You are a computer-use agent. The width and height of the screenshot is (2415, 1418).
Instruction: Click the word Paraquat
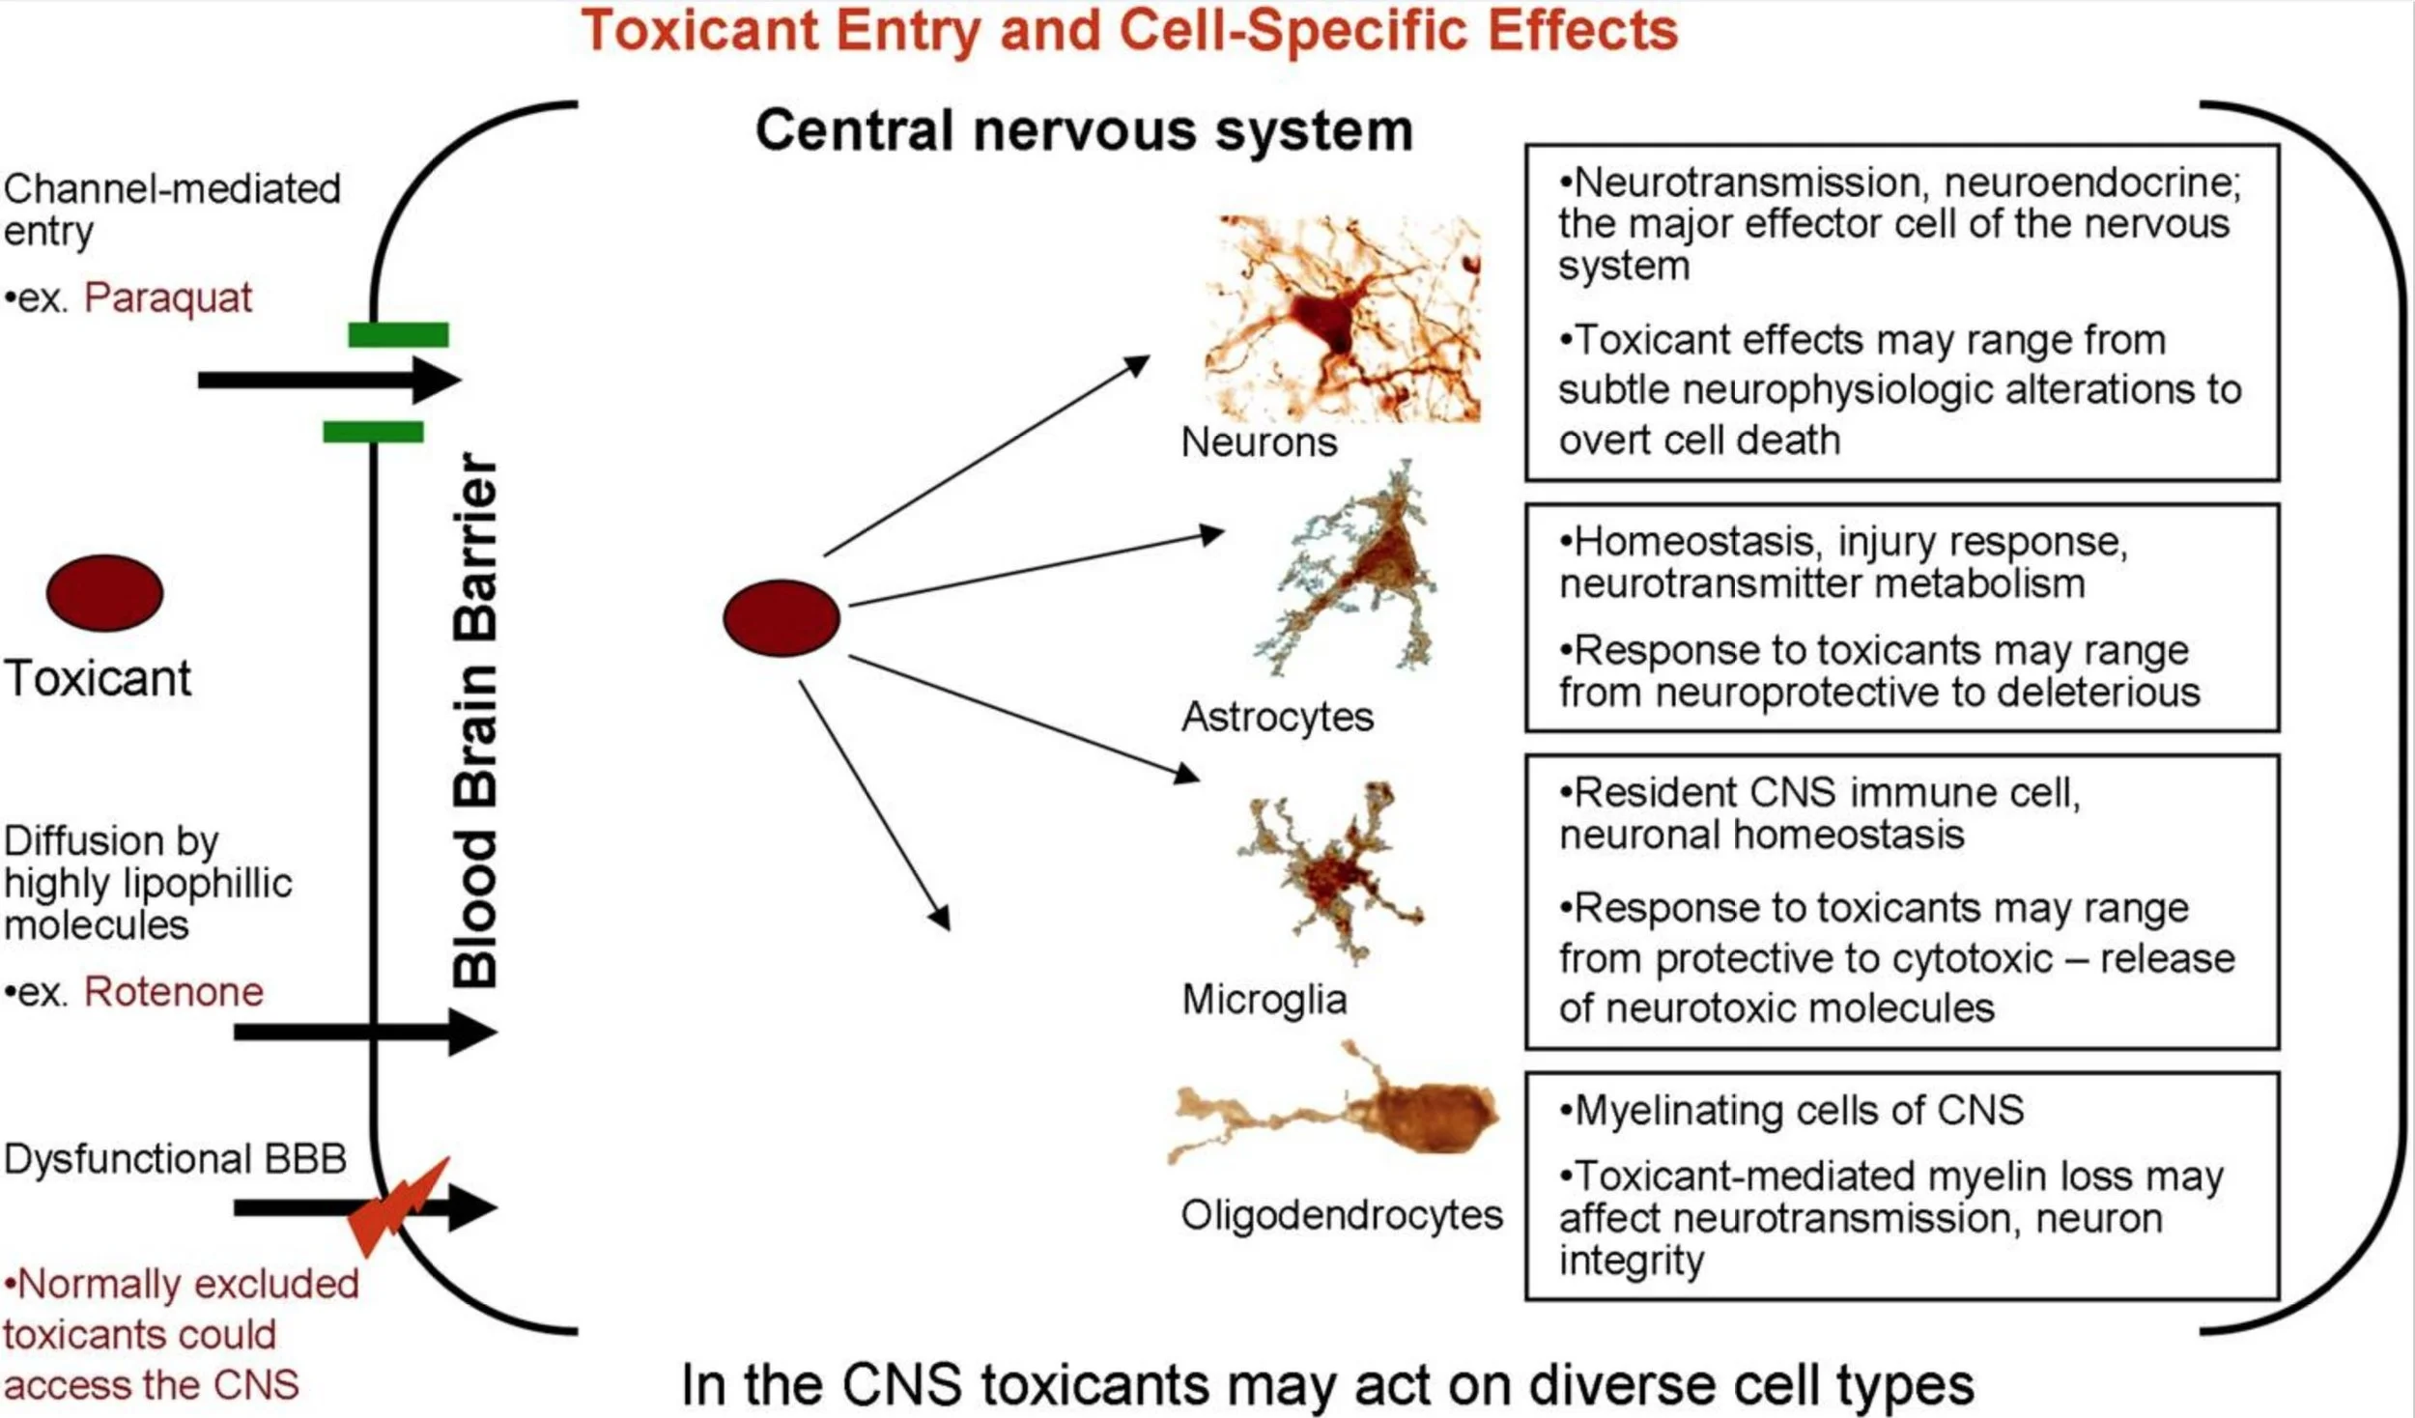coord(167,298)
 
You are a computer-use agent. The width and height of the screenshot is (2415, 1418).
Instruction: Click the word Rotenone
coord(174,992)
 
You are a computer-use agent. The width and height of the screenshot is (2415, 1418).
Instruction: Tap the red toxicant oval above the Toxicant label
coord(104,592)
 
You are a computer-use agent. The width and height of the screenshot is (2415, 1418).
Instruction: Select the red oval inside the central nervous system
coord(781,617)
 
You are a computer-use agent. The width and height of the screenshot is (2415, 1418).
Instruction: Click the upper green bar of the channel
coord(398,335)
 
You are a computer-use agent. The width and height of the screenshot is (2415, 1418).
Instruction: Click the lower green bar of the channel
coord(373,431)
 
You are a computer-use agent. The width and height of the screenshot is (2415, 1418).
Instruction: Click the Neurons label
coord(1259,442)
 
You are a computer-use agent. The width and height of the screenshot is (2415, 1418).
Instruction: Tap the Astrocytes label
coord(1277,717)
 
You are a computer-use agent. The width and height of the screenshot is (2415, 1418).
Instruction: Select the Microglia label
coord(1264,1000)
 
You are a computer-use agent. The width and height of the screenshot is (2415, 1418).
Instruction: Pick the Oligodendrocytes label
coord(1342,1215)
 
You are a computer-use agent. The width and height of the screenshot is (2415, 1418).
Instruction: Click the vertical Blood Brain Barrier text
coord(475,720)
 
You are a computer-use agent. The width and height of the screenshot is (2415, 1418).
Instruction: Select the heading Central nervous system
coord(1084,130)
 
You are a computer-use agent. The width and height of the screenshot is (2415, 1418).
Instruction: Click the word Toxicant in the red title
coord(700,31)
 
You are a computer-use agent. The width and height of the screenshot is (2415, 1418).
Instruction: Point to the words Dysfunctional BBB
coord(175,1158)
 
